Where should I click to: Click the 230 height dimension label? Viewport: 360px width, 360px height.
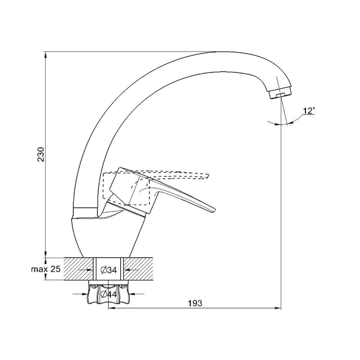click(x=41, y=154)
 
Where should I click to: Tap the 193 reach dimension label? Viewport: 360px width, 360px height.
click(x=195, y=303)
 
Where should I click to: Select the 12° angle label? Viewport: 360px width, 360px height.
click(x=309, y=111)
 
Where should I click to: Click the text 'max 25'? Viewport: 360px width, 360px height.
click(x=46, y=269)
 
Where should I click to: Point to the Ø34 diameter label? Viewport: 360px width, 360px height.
click(x=109, y=270)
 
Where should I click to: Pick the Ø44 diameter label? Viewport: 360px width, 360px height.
click(x=109, y=294)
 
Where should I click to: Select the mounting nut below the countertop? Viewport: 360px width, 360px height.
click(x=109, y=294)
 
